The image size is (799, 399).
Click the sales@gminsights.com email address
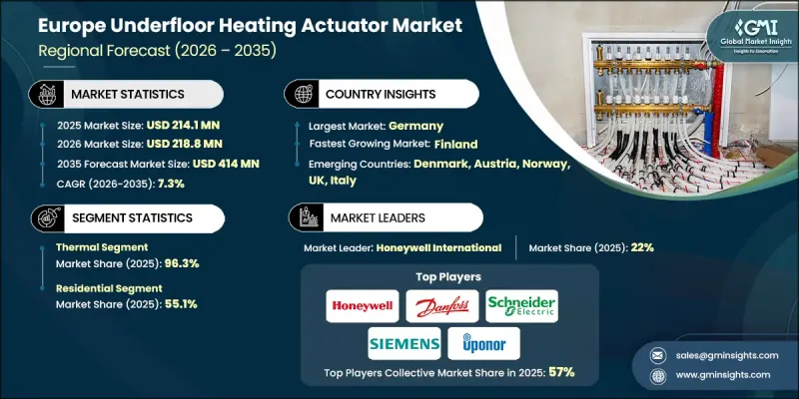pyautogui.click(x=716, y=354)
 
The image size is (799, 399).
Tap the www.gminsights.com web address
pyautogui.click(x=717, y=375)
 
